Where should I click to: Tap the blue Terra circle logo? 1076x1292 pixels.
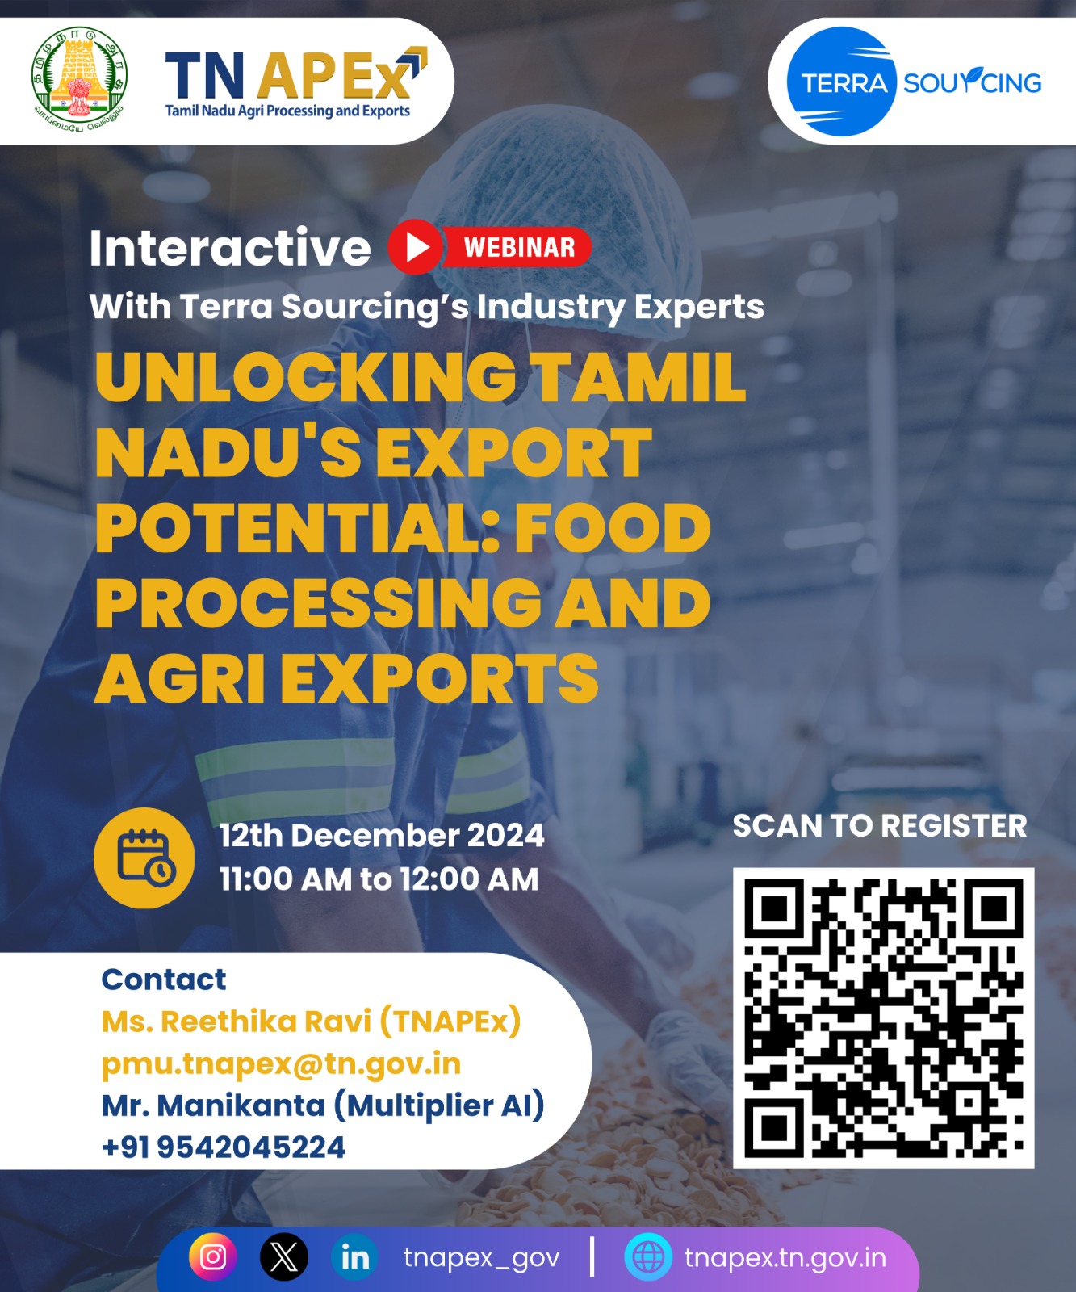pyautogui.click(x=843, y=82)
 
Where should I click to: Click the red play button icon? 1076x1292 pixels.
pyautogui.click(x=416, y=246)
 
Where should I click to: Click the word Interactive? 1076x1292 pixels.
pyautogui.click(x=230, y=247)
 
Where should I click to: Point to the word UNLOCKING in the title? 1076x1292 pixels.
pyautogui.click(x=306, y=377)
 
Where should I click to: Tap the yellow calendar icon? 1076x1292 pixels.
pyautogui.click(x=144, y=858)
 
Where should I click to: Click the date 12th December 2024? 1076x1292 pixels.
pyautogui.click(x=382, y=835)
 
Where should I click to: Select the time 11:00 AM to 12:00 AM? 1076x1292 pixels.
pyautogui.click(x=379, y=879)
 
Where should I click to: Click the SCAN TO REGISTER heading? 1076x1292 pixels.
pyautogui.click(x=879, y=825)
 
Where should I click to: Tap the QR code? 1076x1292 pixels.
pyautogui.click(x=883, y=1017)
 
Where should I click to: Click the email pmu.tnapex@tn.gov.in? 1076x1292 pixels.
pyautogui.click(x=281, y=1063)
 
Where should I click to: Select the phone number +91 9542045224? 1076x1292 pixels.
pyautogui.click(x=224, y=1147)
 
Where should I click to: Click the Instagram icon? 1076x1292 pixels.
pyautogui.click(x=213, y=1256)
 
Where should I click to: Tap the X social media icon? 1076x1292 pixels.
pyautogui.click(x=283, y=1256)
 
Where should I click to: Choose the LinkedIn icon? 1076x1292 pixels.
pyautogui.click(x=354, y=1256)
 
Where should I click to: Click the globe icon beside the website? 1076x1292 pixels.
pyautogui.click(x=648, y=1256)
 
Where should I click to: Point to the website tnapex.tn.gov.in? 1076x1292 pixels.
pyautogui.click(x=785, y=1257)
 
